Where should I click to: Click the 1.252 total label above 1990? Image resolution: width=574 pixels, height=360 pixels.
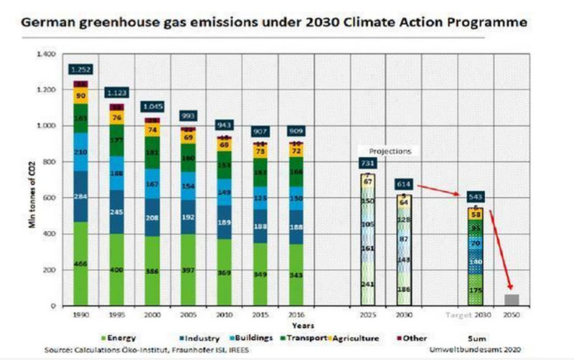tap(80, 69)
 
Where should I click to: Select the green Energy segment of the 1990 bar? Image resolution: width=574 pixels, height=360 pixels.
tap(80, 264)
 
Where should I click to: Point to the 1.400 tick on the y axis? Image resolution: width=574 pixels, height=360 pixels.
tap(45, 55)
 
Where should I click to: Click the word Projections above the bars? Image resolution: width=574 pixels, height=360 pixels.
tap(390, 152)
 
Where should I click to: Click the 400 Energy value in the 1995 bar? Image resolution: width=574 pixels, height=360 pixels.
tap(117, 270)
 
